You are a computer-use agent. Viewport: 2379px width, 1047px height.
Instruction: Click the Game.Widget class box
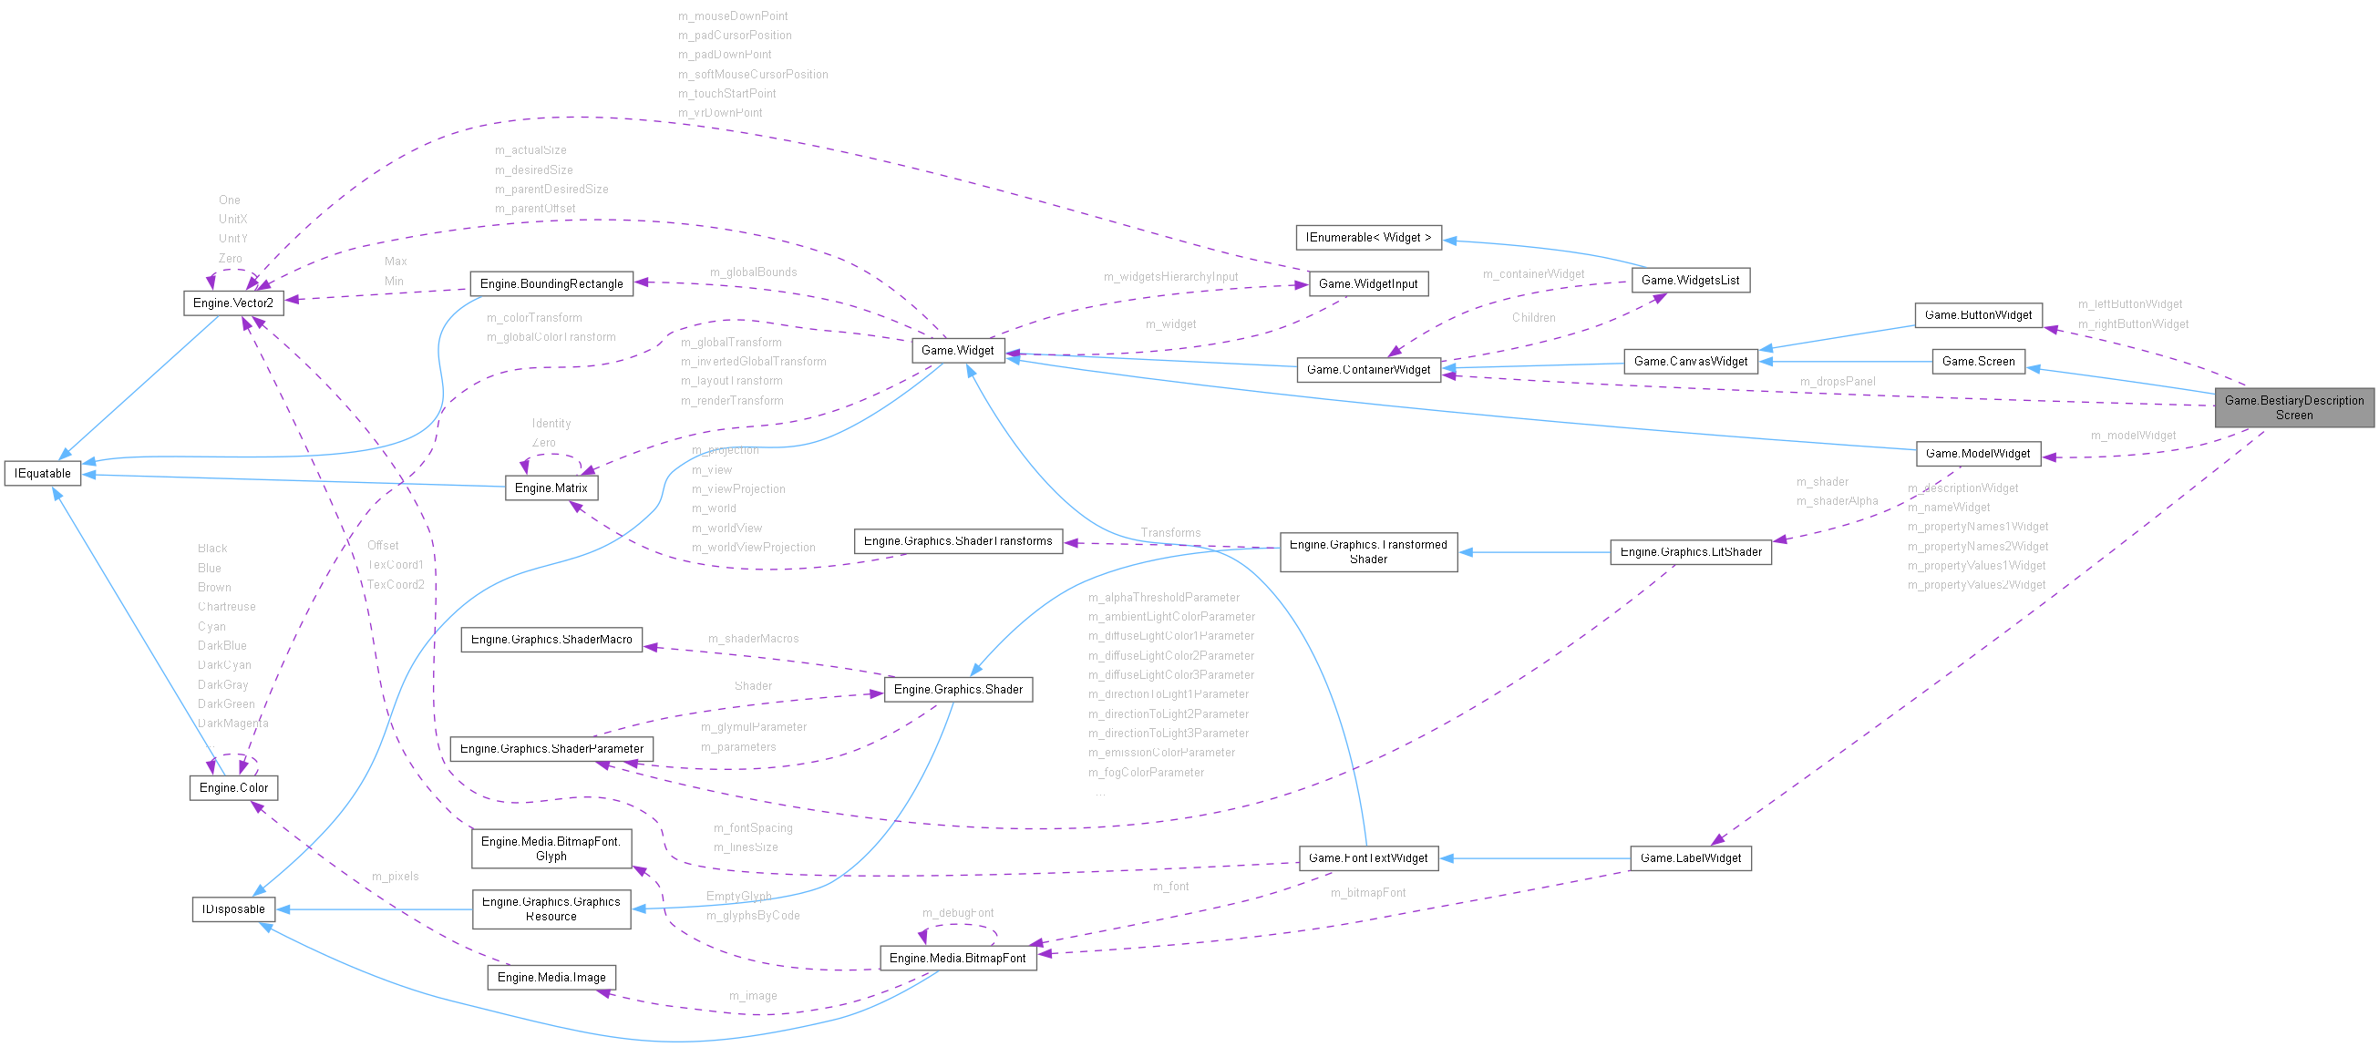click(958, 351)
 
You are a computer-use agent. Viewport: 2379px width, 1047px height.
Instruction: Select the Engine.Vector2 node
click(232, 303)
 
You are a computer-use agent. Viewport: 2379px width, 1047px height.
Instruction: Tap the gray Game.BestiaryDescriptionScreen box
click(2293, 407)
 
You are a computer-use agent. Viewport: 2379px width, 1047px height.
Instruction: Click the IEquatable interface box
click(43, 474)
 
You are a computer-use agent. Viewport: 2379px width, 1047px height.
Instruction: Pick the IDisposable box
click(233, 909)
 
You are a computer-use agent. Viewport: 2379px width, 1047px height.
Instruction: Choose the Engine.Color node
click(233, 787)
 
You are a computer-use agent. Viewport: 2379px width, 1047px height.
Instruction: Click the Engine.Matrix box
click(551, 488)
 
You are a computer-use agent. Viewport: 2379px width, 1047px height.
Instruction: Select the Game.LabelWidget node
click(1690, 858)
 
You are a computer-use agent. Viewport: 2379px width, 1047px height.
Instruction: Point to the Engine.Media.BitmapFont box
click(957, 959)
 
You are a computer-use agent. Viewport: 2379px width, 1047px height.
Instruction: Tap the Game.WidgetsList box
click(1690, 280)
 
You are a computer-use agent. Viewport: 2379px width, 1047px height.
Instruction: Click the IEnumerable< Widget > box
click(1368, 237)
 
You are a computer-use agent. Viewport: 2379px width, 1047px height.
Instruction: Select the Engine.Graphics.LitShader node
click(1690, 552)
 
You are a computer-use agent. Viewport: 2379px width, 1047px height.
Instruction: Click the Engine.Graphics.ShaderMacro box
click(551, 640)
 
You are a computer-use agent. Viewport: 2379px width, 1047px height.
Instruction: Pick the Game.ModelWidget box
click(1978, 453)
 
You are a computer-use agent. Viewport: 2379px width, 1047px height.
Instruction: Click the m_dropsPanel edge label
click(1837, 381)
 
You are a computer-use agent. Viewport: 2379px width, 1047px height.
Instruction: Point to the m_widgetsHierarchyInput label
click(1170, 277)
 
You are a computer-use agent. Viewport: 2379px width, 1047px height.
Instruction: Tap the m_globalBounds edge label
click(753, 272)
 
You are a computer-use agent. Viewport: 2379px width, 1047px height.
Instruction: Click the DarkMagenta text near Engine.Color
click(232, 724)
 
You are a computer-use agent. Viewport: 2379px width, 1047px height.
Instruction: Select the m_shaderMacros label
click(753, 639)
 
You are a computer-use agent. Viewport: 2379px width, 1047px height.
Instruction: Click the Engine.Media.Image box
click(551, 978)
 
